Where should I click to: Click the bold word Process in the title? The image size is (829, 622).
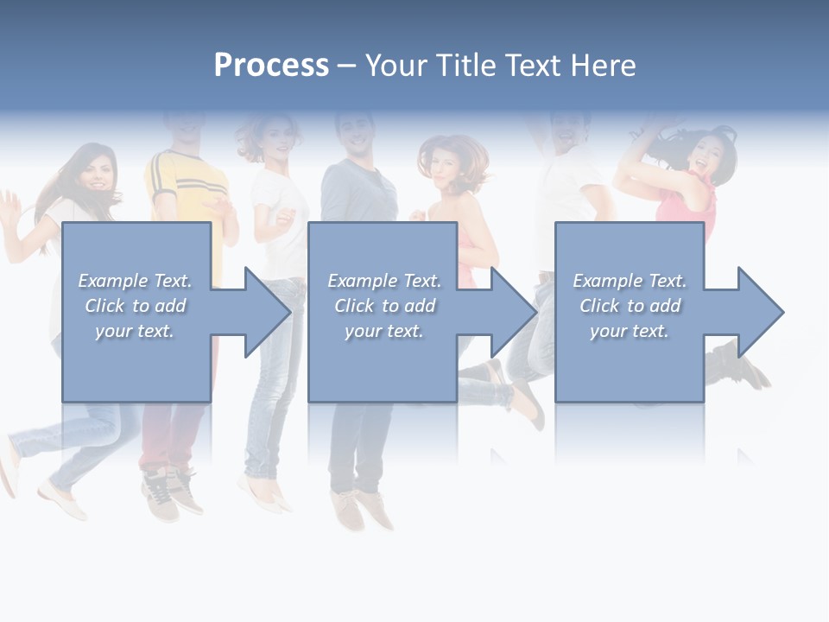coord(271,66)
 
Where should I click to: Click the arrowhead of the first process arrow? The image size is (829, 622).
coord(268,312)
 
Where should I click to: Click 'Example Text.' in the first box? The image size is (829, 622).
coord(135,281)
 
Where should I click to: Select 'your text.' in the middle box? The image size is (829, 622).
coord(383,331)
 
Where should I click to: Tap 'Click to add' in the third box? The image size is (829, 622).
coord(630,306)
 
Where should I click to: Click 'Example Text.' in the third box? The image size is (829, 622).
coord(630,281)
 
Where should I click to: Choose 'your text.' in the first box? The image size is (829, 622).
coord(135,331)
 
